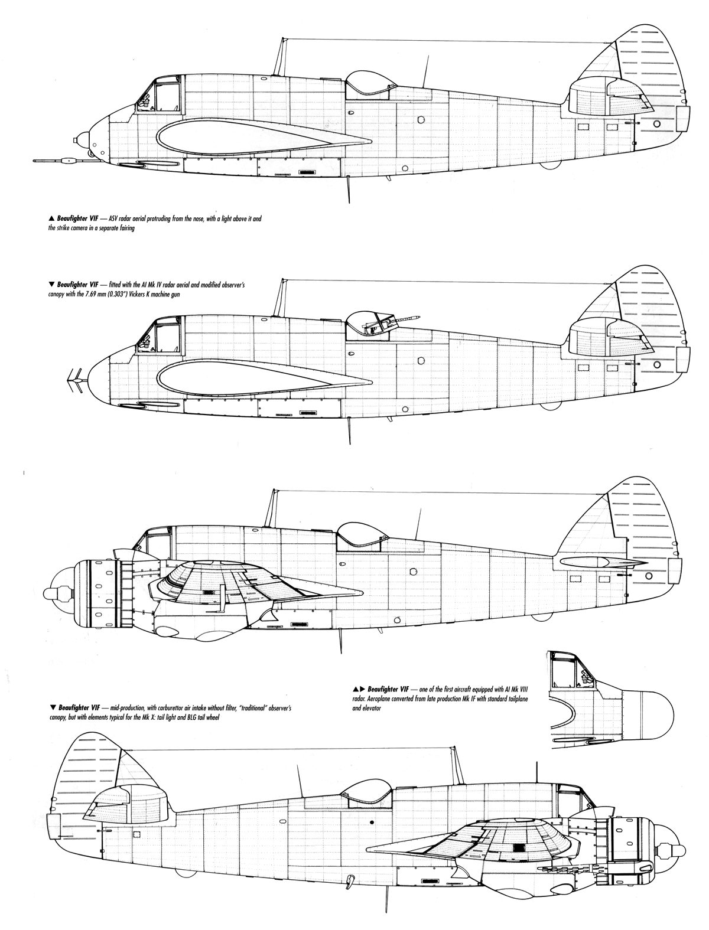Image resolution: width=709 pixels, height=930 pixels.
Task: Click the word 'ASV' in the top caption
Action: [114, 220]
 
